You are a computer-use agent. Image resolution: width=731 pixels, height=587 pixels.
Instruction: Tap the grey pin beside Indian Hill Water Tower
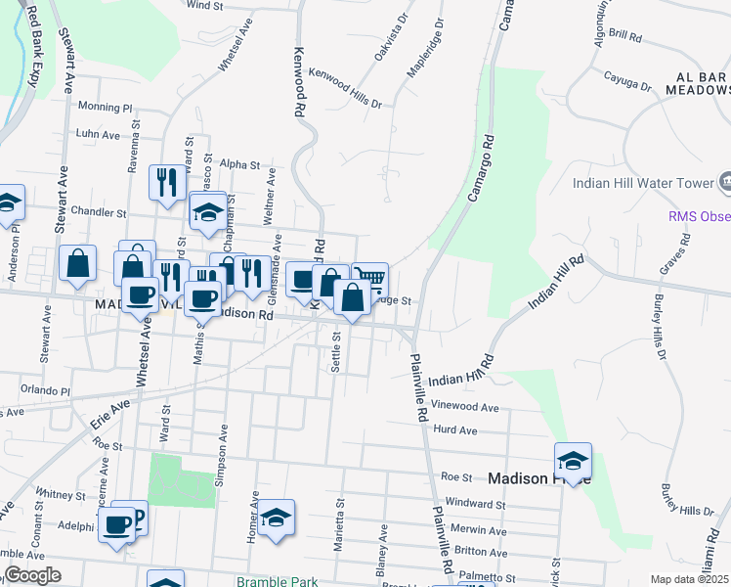pos(727,181)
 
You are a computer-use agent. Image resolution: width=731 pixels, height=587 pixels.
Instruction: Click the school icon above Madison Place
pos(573,460)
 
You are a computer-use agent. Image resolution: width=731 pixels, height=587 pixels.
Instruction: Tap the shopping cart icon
pos(369,279)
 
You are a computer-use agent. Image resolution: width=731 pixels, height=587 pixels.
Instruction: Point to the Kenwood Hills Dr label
pos(345,88)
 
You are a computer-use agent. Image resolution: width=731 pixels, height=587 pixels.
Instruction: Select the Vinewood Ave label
pos(466,407)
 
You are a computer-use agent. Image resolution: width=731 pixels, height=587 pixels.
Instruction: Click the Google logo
pos(32,575)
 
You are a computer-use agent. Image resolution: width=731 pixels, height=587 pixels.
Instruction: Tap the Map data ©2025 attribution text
pos(689,579)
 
